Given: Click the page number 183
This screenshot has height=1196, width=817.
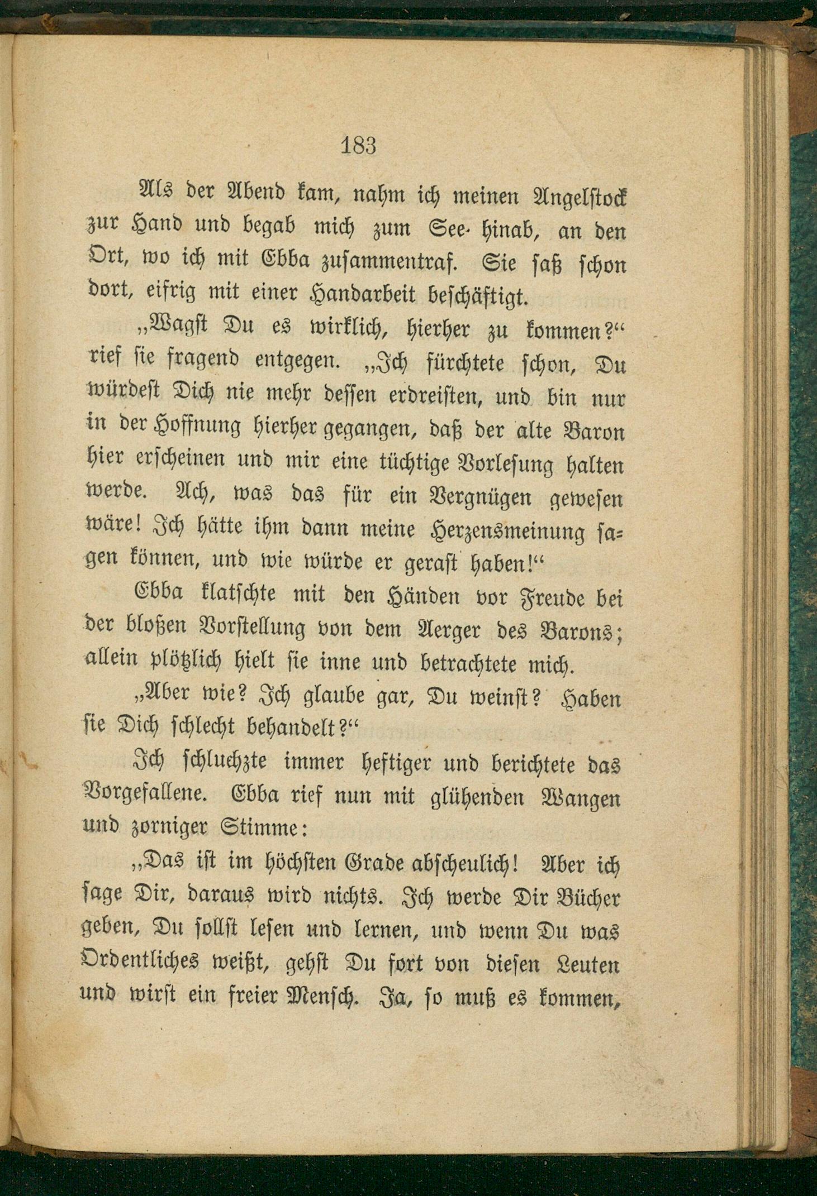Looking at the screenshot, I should pos(358,146).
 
